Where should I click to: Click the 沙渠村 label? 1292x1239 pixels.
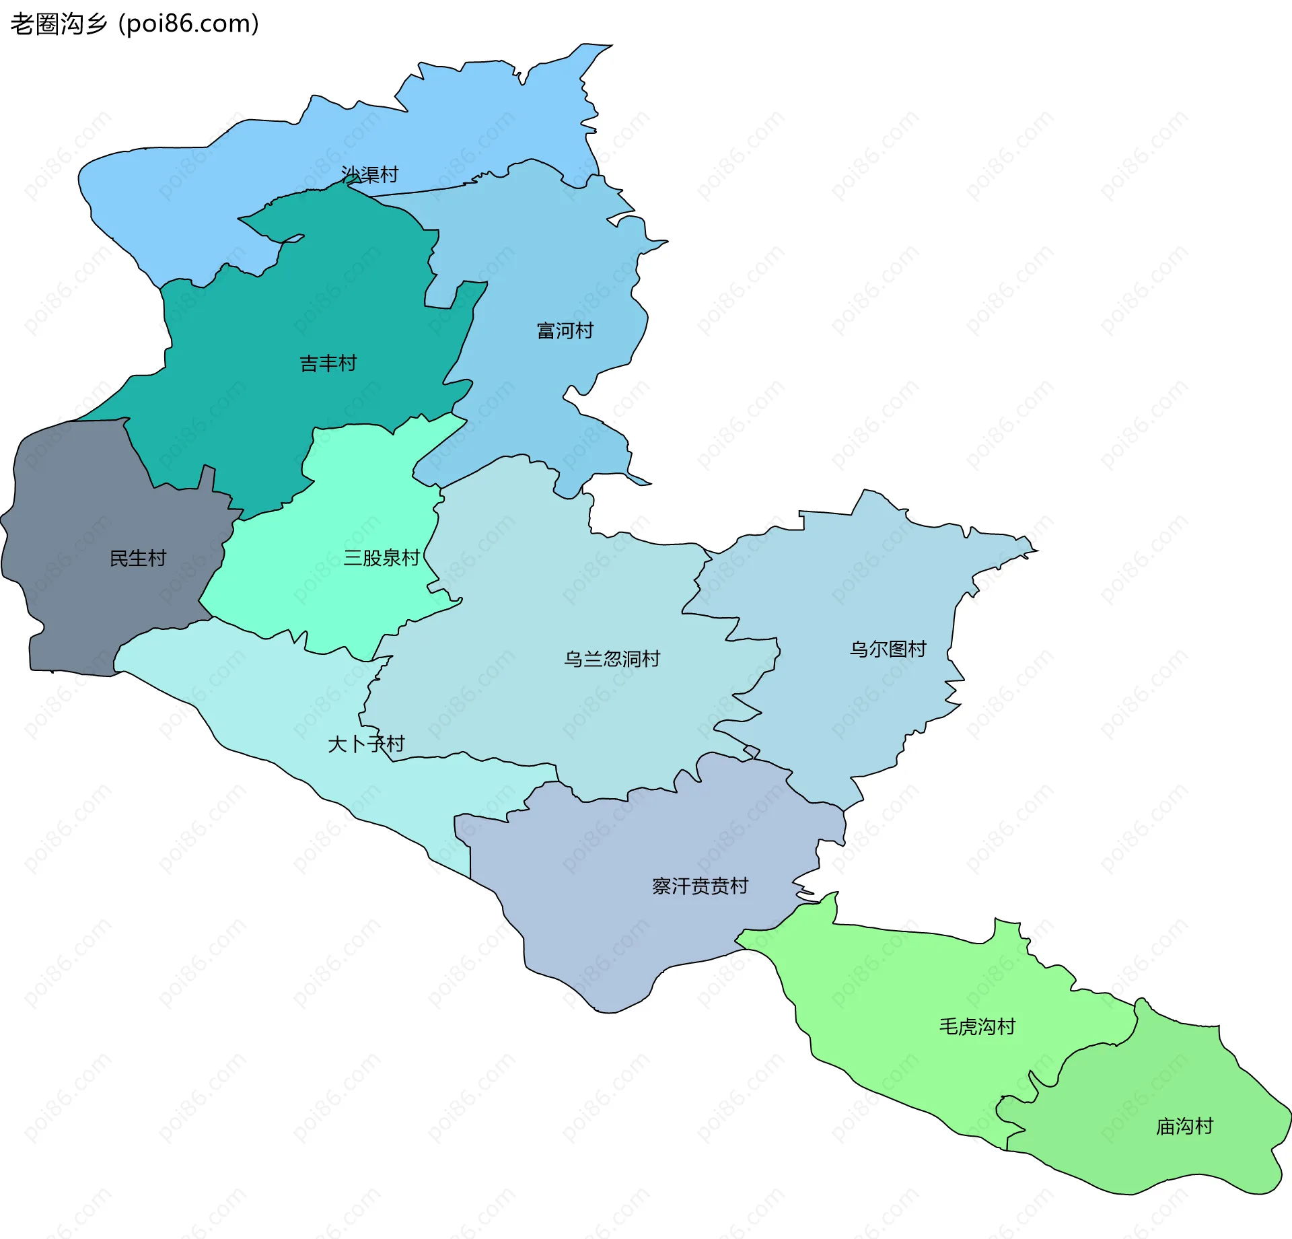point(369,174)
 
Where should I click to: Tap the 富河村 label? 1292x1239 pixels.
point(565,330)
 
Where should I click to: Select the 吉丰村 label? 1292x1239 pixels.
point(328,363)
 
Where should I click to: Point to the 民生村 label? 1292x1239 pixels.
point(137,558)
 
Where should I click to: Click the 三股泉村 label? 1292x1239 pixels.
point(382,557)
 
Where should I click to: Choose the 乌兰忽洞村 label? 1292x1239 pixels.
point(612,658)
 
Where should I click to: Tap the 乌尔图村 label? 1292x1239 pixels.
point(888,649)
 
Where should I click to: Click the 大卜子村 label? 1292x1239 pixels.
point(366,744)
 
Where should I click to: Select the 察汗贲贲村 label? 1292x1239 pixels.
point(700,886)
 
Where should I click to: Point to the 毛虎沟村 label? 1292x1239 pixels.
point(977,1026)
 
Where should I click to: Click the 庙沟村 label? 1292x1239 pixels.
point(1184,1126)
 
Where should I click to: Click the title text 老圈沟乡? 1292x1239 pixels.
point(59,24)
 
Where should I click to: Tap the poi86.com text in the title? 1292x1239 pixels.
point(188,24)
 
